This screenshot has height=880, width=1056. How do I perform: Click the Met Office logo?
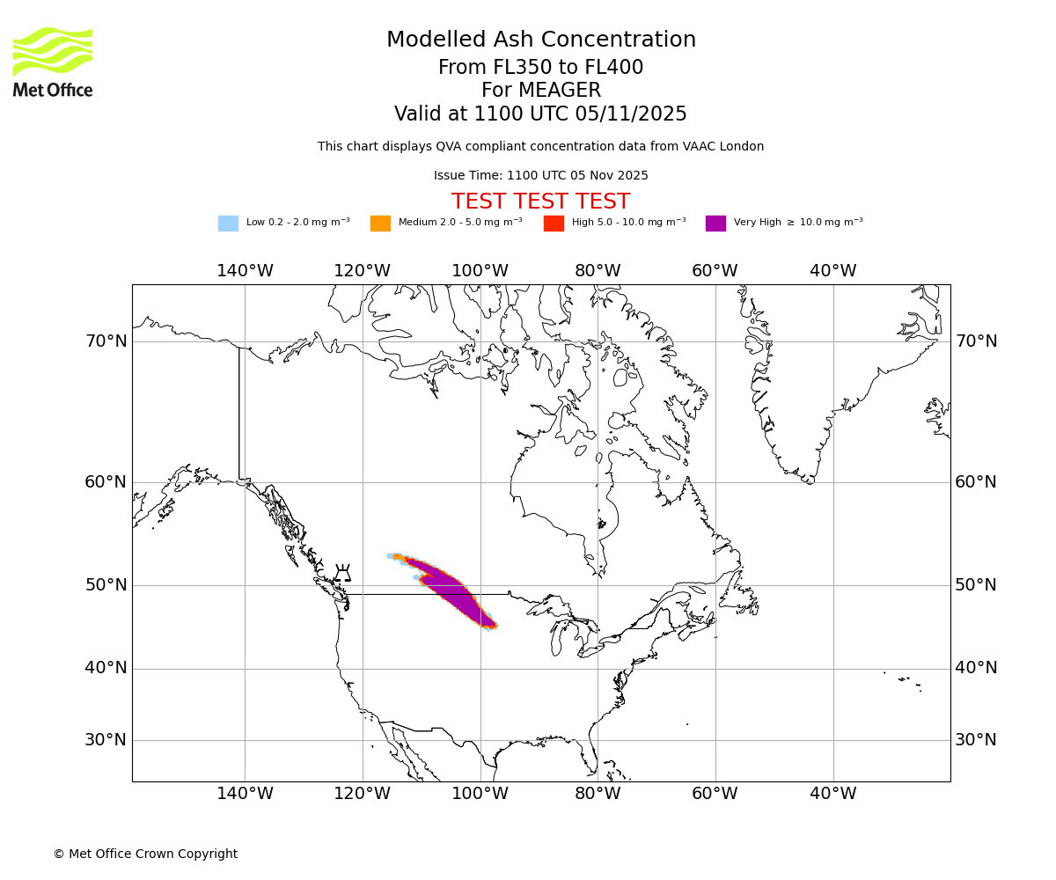pyautogui.click(x=53, y=62)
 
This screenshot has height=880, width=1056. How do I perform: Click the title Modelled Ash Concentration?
pyautogui.click(x=540, y=40)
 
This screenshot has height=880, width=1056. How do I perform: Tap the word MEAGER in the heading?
pyautogui.click(x=540, y=91)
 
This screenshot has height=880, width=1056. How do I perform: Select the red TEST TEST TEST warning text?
pyautogui.click(x=540, y=202)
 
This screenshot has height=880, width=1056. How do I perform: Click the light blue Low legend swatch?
pyautogui.click(x=228, y=224)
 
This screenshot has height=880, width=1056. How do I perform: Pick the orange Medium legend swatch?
pyautogui.click(x=380, y=224)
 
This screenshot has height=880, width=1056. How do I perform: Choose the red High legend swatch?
pyautogui.click(x=554, y=224)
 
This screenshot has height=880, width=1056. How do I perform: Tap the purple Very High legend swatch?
pyautogui.click(x=715, y=224)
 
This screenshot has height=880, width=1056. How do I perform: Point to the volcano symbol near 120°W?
pyautogui.click(x=342, y=573)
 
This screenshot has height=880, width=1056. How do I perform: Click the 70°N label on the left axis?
pyautogui.click(x=106, y=341)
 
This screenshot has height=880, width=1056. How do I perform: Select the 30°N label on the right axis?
pyautogui.click(x=976, y=740)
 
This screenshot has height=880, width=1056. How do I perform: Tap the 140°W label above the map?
pyautogui.click(x=245, y=271)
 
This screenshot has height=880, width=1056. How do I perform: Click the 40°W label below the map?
pyautogui.click(x=832, y=794)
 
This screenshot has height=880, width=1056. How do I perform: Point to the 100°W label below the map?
pyautogui.click(x=480, y=794)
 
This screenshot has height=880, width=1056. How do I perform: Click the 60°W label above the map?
pyautogui.click(x=715, y=271)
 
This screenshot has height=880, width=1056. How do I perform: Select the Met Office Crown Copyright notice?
pyautogui.click(x=145, y=854)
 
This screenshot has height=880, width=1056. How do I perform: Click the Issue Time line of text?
pyautogui.click(x=540, y=175)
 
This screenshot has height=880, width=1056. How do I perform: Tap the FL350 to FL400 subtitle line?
pyautogui.click(x=540, y=68)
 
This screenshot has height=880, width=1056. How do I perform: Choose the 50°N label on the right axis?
pyautogui.click(x=976, y=585)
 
